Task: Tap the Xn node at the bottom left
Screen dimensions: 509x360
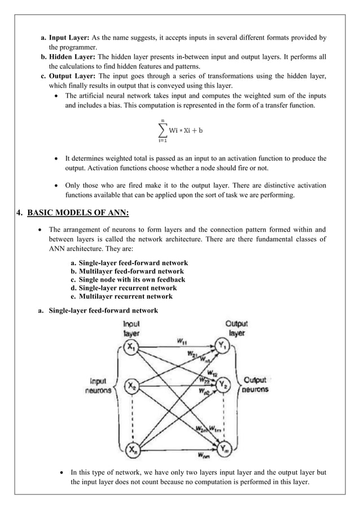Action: tap(131, 449)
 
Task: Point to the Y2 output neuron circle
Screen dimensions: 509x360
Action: tap(223, 386)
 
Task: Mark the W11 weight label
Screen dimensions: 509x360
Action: tap(182, 341)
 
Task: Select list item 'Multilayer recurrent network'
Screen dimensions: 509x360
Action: tap(125, 297)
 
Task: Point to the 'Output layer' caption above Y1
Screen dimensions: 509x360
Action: tap(236, 328)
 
